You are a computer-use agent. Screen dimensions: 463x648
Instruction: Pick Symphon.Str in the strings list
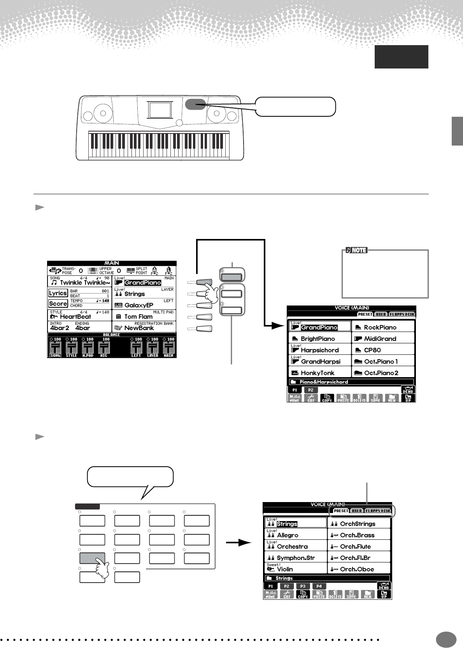coord(296,558)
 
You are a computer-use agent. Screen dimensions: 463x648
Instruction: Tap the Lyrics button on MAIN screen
coord(58,293)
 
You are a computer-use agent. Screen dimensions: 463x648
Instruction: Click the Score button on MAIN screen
coord(58,304)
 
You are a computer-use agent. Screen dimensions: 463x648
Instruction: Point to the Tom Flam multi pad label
coord(139,317)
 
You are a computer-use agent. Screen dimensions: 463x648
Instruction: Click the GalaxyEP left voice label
coord(139,306)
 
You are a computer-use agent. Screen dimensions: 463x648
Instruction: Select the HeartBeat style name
coord(75,317)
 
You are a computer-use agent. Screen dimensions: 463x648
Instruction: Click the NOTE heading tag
coord(356,250)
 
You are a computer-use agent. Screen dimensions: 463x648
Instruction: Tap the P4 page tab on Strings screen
coord(319,586)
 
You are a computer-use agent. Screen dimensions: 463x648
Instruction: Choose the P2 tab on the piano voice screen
coord(310,390)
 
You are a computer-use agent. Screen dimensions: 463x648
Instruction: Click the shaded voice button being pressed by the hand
coord(92,558)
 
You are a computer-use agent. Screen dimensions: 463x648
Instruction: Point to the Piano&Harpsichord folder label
coord(324,382)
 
